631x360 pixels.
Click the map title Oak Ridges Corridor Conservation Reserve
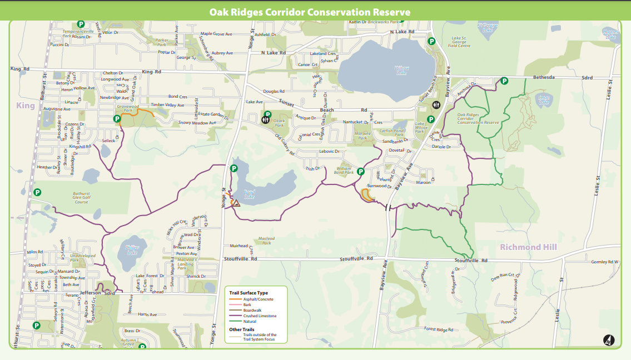310,12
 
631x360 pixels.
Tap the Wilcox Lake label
401,71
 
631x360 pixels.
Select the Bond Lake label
249,193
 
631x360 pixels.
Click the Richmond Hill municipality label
528,247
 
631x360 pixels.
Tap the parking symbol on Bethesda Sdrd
504,81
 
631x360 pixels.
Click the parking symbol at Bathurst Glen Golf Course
37,192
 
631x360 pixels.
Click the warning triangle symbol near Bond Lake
236,203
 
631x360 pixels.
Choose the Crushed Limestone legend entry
259,316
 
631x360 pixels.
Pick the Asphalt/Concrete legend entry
258,299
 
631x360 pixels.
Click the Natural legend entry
250,321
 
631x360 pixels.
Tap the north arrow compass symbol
608,340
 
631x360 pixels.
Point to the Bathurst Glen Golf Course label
81,197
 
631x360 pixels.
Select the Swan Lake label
544,99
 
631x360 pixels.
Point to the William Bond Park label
344,170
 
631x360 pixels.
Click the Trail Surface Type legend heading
249,292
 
